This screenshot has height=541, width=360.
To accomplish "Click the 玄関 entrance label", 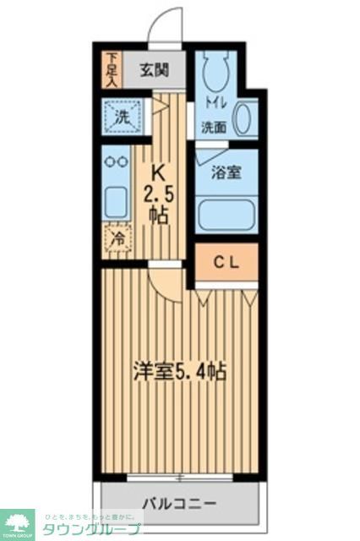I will [153, 69].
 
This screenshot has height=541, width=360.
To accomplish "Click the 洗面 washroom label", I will [213, 128].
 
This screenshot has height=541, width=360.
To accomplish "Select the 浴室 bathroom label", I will [226, 172].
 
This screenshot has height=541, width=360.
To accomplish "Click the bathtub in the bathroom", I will [226, 214].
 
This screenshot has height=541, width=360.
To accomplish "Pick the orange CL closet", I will [225, 263].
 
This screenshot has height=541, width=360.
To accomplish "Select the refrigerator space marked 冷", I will [117, 240].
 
